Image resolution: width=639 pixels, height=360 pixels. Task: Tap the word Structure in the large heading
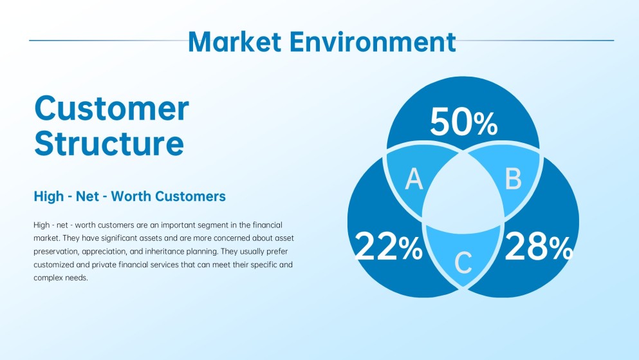[109, 143]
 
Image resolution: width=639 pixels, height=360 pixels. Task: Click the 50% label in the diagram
[463, 123]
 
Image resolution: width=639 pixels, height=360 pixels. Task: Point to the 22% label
[388, 247]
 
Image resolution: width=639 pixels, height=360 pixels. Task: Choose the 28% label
[538, 247]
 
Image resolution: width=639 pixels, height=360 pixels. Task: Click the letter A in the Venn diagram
[414, 180]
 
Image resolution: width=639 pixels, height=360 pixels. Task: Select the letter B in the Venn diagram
[512, 180]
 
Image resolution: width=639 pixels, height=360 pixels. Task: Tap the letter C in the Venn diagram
[463, 262]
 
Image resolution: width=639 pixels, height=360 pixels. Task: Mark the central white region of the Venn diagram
[463, 193]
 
